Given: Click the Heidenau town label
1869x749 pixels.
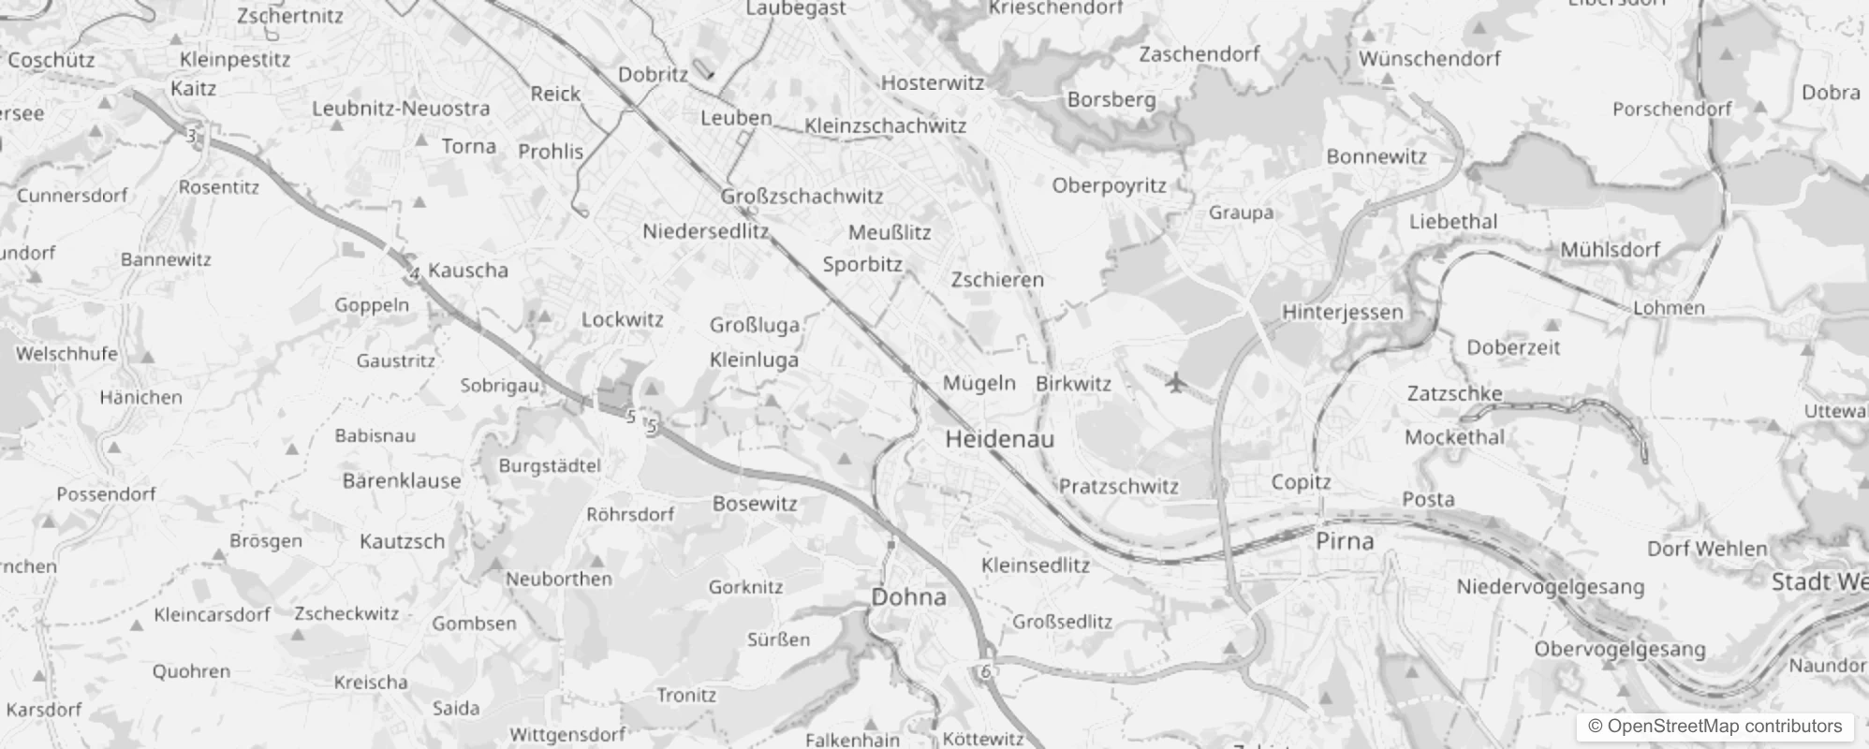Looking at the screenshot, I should point(999,438).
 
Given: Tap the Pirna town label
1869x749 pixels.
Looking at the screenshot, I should point(1345,540).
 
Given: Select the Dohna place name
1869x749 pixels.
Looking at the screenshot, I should point(908,596).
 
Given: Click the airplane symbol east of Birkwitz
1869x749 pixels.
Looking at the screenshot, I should point(1176,382).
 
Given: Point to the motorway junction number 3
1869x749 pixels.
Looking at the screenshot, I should point(191,137).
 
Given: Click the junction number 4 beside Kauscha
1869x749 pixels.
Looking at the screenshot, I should point(414,274).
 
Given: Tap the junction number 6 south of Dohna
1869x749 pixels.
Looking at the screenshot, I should point(986,671).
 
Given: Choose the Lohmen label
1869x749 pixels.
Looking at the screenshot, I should point(1669,307).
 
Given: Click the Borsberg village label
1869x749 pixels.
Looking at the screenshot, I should point(1111,99).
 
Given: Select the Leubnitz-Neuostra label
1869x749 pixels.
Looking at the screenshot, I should point(401,109).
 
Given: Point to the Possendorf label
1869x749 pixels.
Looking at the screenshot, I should point(106,493).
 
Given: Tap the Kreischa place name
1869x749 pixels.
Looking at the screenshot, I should point(371,682).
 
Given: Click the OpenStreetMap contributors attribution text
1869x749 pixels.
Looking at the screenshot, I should point(1714,726).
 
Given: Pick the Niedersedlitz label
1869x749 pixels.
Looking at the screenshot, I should point(705,231).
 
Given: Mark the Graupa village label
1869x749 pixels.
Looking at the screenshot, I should point(1241,213).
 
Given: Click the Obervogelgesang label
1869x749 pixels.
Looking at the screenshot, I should point(1619,649).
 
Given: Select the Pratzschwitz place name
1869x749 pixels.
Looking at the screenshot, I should point(1119,486).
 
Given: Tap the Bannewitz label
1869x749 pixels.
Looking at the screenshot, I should point(166,259).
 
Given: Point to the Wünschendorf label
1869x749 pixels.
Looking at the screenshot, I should point(1429,59).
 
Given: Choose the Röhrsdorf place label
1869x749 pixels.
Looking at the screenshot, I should point(630,514).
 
